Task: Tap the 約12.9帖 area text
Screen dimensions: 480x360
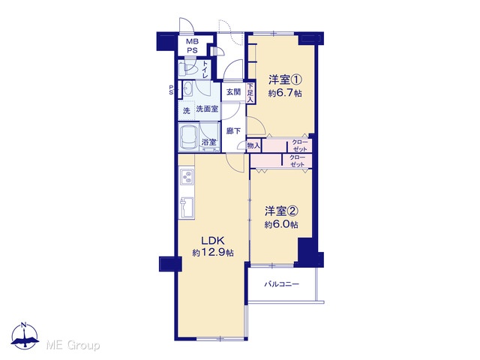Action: pos(213,253)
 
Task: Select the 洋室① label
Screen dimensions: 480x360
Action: pos(285,80)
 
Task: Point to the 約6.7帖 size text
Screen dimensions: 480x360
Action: pos(285,93)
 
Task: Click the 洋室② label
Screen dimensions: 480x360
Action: pos(281,211)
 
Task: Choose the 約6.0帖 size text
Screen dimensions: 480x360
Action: pos(281,224)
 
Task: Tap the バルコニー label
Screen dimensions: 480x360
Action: pos(282,284)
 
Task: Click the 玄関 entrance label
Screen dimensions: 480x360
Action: pos(233,91)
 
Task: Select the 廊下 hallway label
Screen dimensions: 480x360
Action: pos(233,131)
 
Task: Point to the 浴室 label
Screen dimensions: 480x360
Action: pos(208,142)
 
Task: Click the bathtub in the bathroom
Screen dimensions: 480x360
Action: pos(188,137)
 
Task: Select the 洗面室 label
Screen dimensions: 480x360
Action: pos(207,109)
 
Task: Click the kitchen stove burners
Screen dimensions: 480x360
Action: pos(187,177)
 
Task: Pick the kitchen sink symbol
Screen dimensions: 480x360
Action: pos(187,207)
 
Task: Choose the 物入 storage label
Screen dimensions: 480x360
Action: pos(253,146)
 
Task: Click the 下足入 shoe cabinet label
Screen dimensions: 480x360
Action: pos(250,92)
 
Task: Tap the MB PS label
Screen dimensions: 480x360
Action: pos(192,46)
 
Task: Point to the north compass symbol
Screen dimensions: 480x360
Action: pos(25,335)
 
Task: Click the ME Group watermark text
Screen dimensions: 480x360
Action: pos(73,345)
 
